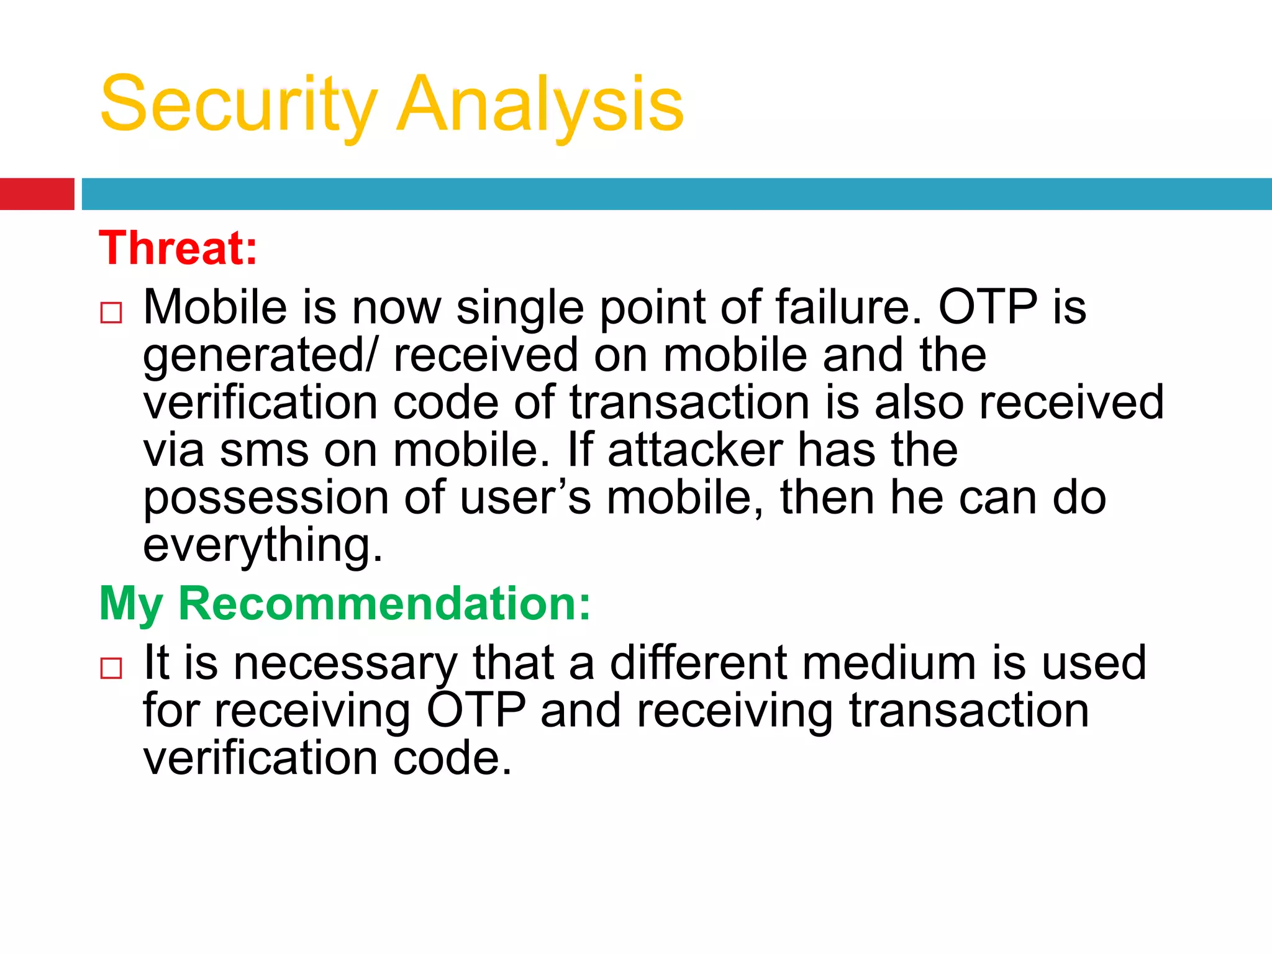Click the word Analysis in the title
tap(540, 104)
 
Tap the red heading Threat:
tap(178, 248)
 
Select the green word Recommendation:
tap(384, 604)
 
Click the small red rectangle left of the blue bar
tap(37, 194)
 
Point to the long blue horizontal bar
tap(676, 194)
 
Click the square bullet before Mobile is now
tap(111, 312)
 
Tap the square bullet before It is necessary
tap(111, 668)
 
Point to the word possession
tap(266, 499)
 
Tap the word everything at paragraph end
tap(262, 546)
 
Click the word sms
tap(264, 451)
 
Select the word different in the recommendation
tap(699, 663)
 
